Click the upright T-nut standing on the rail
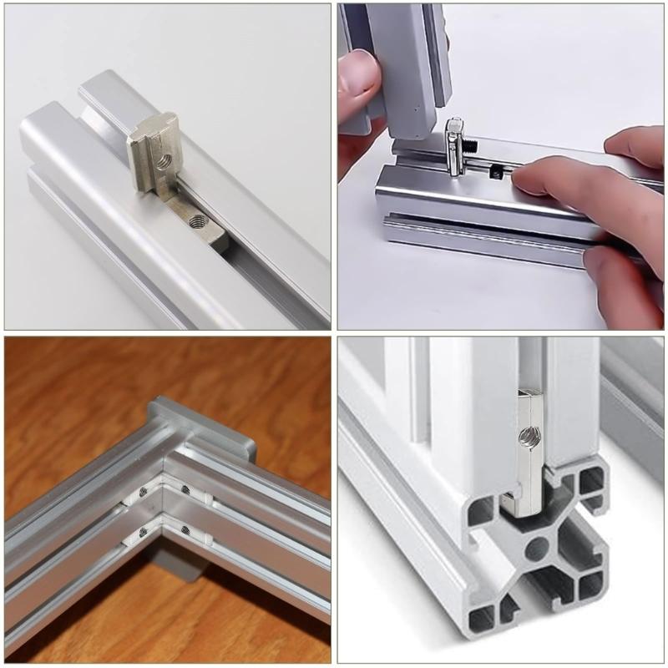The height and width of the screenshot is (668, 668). [154, 154]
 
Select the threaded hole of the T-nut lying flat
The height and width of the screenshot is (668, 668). [198, 222]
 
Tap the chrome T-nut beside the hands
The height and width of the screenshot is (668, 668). [454, 146]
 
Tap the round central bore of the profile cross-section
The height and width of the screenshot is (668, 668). [535, 549]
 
